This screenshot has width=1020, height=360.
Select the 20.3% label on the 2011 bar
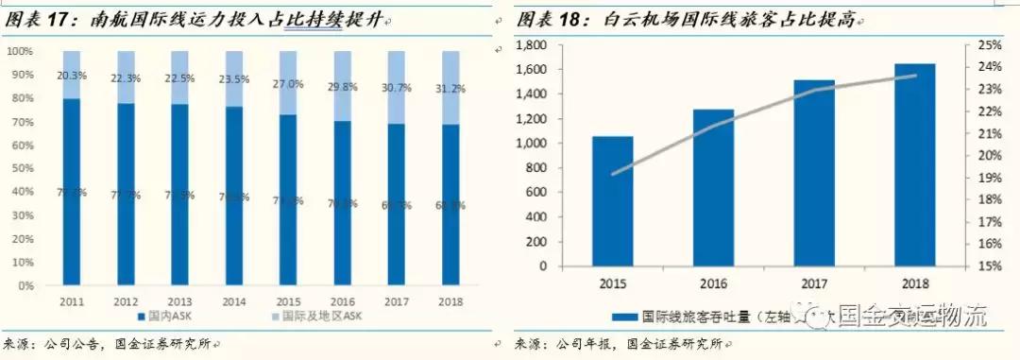(x=72, y=75)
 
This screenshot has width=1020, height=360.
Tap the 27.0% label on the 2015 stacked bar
(x=287, y=84)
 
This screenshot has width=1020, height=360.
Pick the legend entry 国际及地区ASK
(x=282, y=317)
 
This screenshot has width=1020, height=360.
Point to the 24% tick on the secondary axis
(x=987, y=67)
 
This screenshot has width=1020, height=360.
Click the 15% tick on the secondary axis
(x=987, y=266)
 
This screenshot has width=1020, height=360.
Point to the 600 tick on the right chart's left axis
(x=540, y=193)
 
